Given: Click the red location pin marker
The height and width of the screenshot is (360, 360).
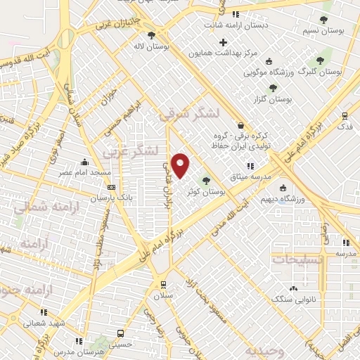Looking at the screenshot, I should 181,166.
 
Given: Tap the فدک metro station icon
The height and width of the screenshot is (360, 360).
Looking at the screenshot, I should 344,116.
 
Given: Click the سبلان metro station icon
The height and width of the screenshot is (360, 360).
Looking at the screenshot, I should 163,285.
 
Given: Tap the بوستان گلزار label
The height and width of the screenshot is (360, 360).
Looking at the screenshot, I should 275,99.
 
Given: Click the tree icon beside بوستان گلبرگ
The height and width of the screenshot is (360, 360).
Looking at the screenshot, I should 321,60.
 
